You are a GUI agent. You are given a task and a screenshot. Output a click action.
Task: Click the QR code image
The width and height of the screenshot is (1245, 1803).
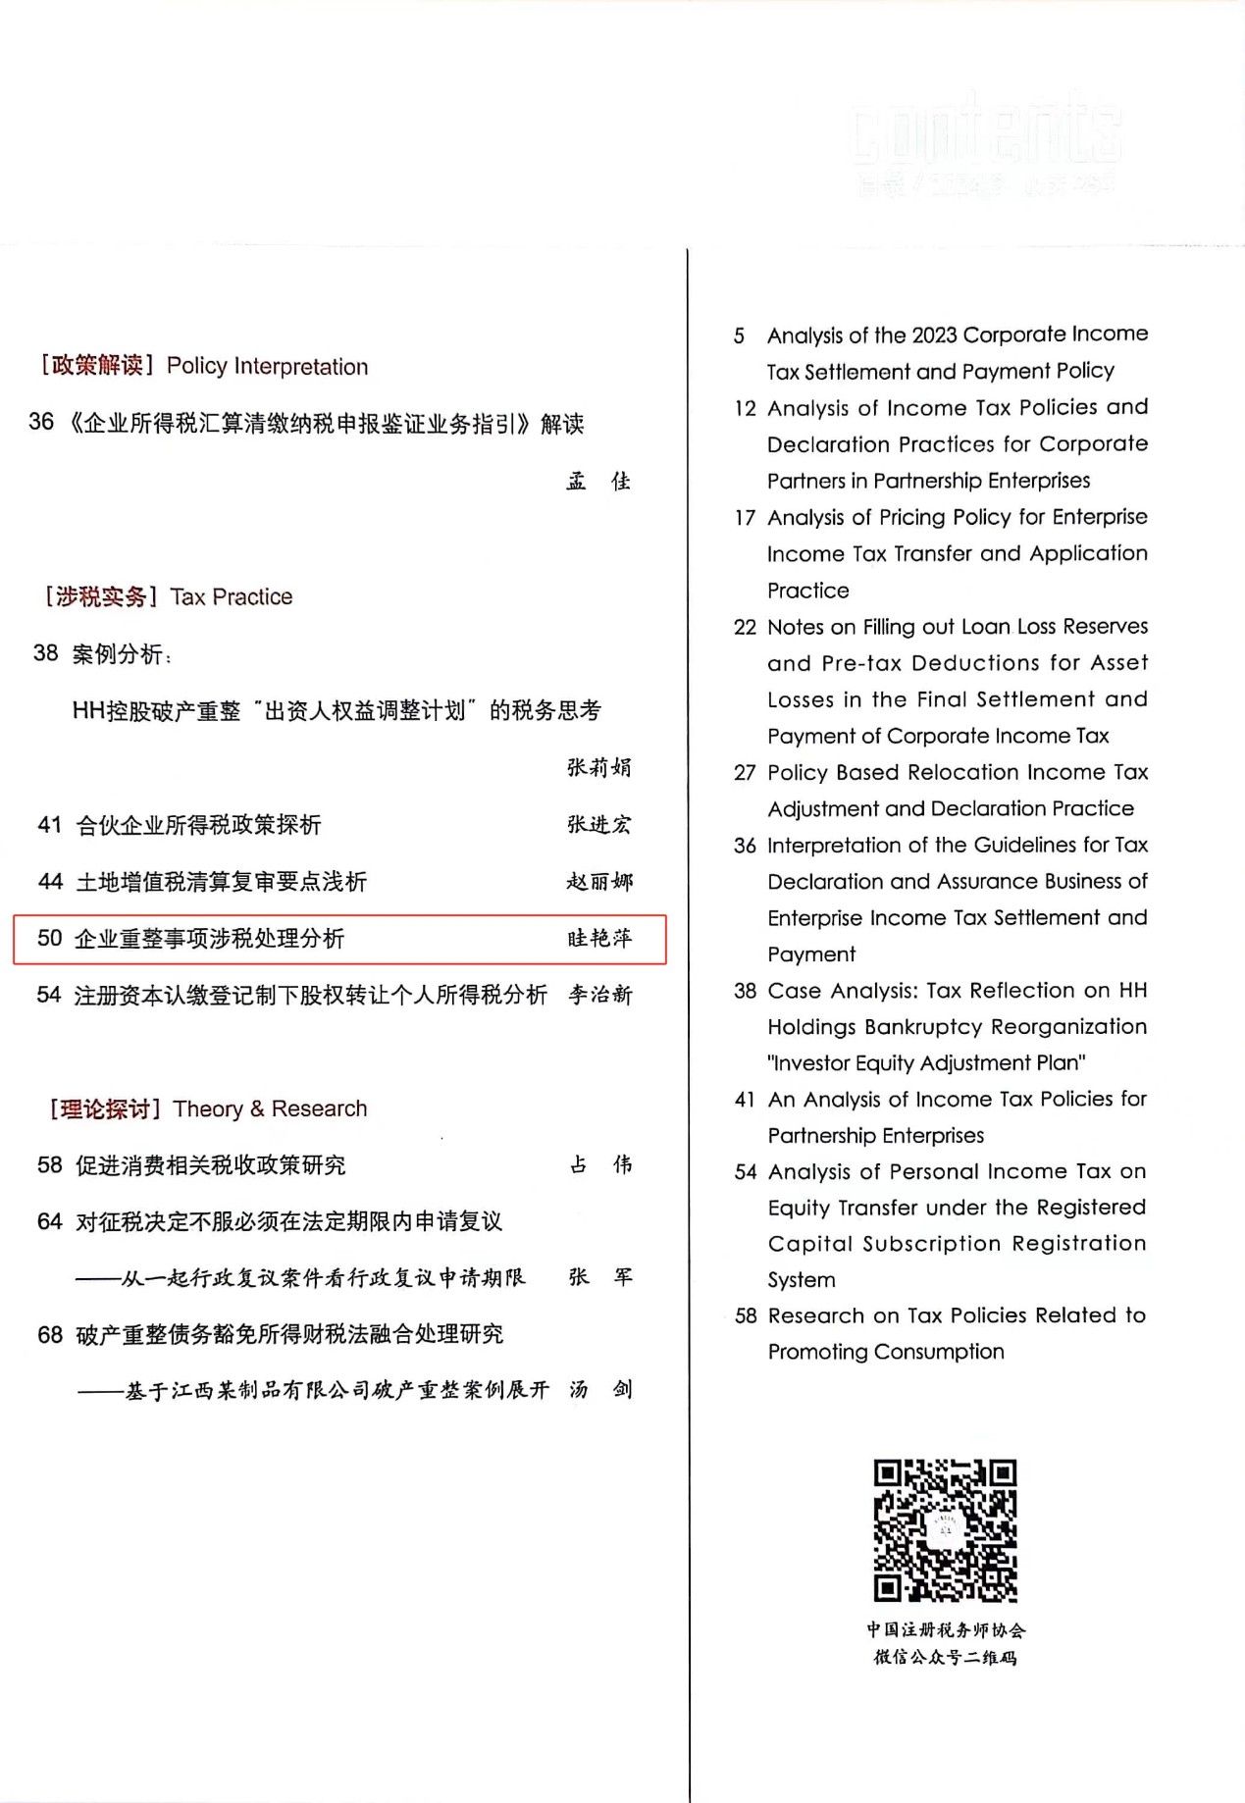(x=945, y=1529)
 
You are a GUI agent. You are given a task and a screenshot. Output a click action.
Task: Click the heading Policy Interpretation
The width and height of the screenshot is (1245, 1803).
(x=267, y=367)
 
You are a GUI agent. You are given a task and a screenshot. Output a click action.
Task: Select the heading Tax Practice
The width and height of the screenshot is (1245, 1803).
(x=232, y=597)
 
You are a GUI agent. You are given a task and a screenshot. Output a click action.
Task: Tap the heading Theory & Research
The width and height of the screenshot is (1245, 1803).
(x=270, y=1108)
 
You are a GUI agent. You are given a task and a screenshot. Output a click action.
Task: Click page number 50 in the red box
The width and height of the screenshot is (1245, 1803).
(x=49, y=939)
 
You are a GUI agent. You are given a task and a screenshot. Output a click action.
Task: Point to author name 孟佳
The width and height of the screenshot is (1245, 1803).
(x=598, y=482)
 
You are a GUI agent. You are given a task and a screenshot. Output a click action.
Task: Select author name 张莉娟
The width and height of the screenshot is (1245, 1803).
(x=599, y=767)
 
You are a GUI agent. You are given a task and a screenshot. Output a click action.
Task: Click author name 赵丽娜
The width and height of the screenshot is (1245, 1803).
(x=599, y=882)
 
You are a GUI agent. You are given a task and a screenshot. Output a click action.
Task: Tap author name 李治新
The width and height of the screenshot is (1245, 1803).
(x=600, y=996)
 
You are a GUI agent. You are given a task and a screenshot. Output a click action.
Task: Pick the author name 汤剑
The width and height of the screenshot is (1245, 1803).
(x=600, y=1390)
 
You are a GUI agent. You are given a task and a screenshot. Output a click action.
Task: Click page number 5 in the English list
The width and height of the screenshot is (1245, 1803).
(x=739, y=336)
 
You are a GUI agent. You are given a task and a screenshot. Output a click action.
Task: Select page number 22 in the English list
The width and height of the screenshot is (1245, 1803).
(x=745, y=628)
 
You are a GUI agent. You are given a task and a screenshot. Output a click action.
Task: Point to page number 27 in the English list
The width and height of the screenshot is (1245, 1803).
(x=745, y=773)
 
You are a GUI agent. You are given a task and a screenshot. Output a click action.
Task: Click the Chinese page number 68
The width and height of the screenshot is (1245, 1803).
(x=50, y=1335)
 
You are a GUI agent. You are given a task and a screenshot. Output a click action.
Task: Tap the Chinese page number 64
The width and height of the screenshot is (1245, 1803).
(x=50, y=1222)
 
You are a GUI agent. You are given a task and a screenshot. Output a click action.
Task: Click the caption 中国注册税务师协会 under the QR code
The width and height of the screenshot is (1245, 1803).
(x=946, y=1630)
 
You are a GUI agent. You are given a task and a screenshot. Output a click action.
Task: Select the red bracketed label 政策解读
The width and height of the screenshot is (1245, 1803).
(x=97, y=366)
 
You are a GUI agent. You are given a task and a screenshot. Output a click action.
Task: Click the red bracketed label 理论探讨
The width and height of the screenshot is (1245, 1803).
(x=106, y=1109)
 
